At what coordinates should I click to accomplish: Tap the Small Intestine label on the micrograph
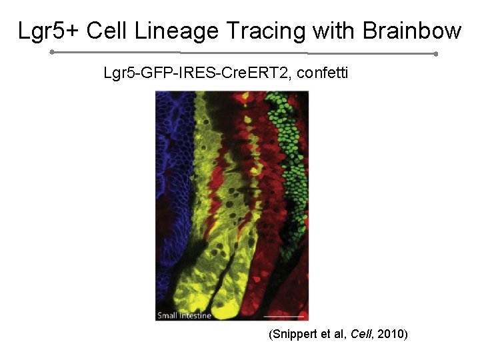click(184, 315)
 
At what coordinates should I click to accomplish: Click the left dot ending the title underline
click(52, 51)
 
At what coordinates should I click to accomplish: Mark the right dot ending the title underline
click(435, 53)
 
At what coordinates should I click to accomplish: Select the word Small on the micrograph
click(168, 315)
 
